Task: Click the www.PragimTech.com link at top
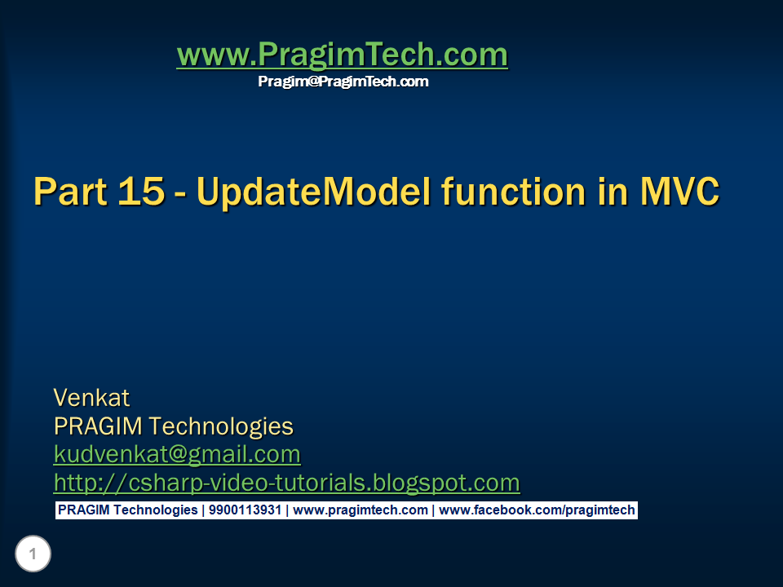pos(342,55)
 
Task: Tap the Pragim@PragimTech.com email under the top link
pos(343,82)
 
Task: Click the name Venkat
pos(91,398)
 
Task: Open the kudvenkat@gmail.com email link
pos(177,454)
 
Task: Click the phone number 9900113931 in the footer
pos(245,510)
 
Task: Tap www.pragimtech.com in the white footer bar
pos(361,510)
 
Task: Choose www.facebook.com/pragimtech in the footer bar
pos(537,510)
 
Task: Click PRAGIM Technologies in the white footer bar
pos(127,510)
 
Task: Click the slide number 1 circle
pos(33,555)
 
